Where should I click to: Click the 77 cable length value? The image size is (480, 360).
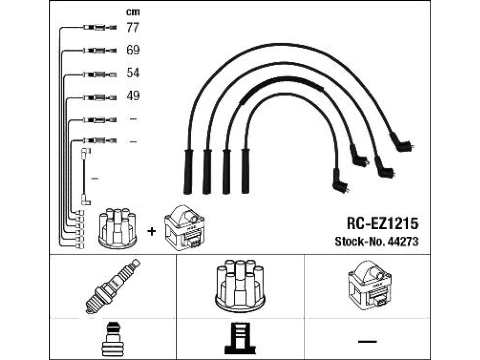pyautogui.click(x=133, y=28)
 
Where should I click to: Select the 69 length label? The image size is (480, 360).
pyautogui.click(x=133, y=50)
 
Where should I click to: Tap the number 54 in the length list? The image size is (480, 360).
pyautogui.click(x=133, y=73)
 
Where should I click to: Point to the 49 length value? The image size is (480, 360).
pyautogui.click(x=133, y=96)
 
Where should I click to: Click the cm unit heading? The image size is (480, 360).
pyautogui.click(x=133, y=12)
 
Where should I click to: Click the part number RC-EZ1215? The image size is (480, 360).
pyautogui.click(x=382, y=224)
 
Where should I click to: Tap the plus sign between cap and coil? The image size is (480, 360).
pyautogui.click(x=151, y=231)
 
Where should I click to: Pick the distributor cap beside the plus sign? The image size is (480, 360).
pyautogui.click(x=118, y=228)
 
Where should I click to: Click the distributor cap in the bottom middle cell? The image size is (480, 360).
pyautogui.click(x=240, y=286)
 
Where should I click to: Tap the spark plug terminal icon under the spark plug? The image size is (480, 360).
pyautogui.click(x=112, y=340)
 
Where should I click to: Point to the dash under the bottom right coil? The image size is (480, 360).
pyautogui.click(x=367, y=341)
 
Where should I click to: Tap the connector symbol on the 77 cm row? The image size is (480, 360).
pyautogui.click(x=99, y=28)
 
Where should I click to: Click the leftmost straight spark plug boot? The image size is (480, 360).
pyautogui.click(x=188, y=172)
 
